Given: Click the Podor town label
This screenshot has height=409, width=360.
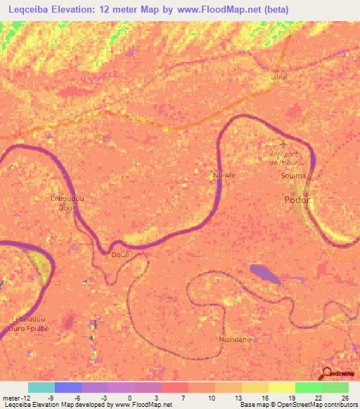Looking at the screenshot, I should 297,200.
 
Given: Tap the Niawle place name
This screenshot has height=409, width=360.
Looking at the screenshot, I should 224,174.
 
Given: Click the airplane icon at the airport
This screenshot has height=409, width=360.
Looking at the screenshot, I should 283,143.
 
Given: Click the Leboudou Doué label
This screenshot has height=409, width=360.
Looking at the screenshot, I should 68,203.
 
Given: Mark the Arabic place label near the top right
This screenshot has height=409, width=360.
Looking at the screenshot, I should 278,76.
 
